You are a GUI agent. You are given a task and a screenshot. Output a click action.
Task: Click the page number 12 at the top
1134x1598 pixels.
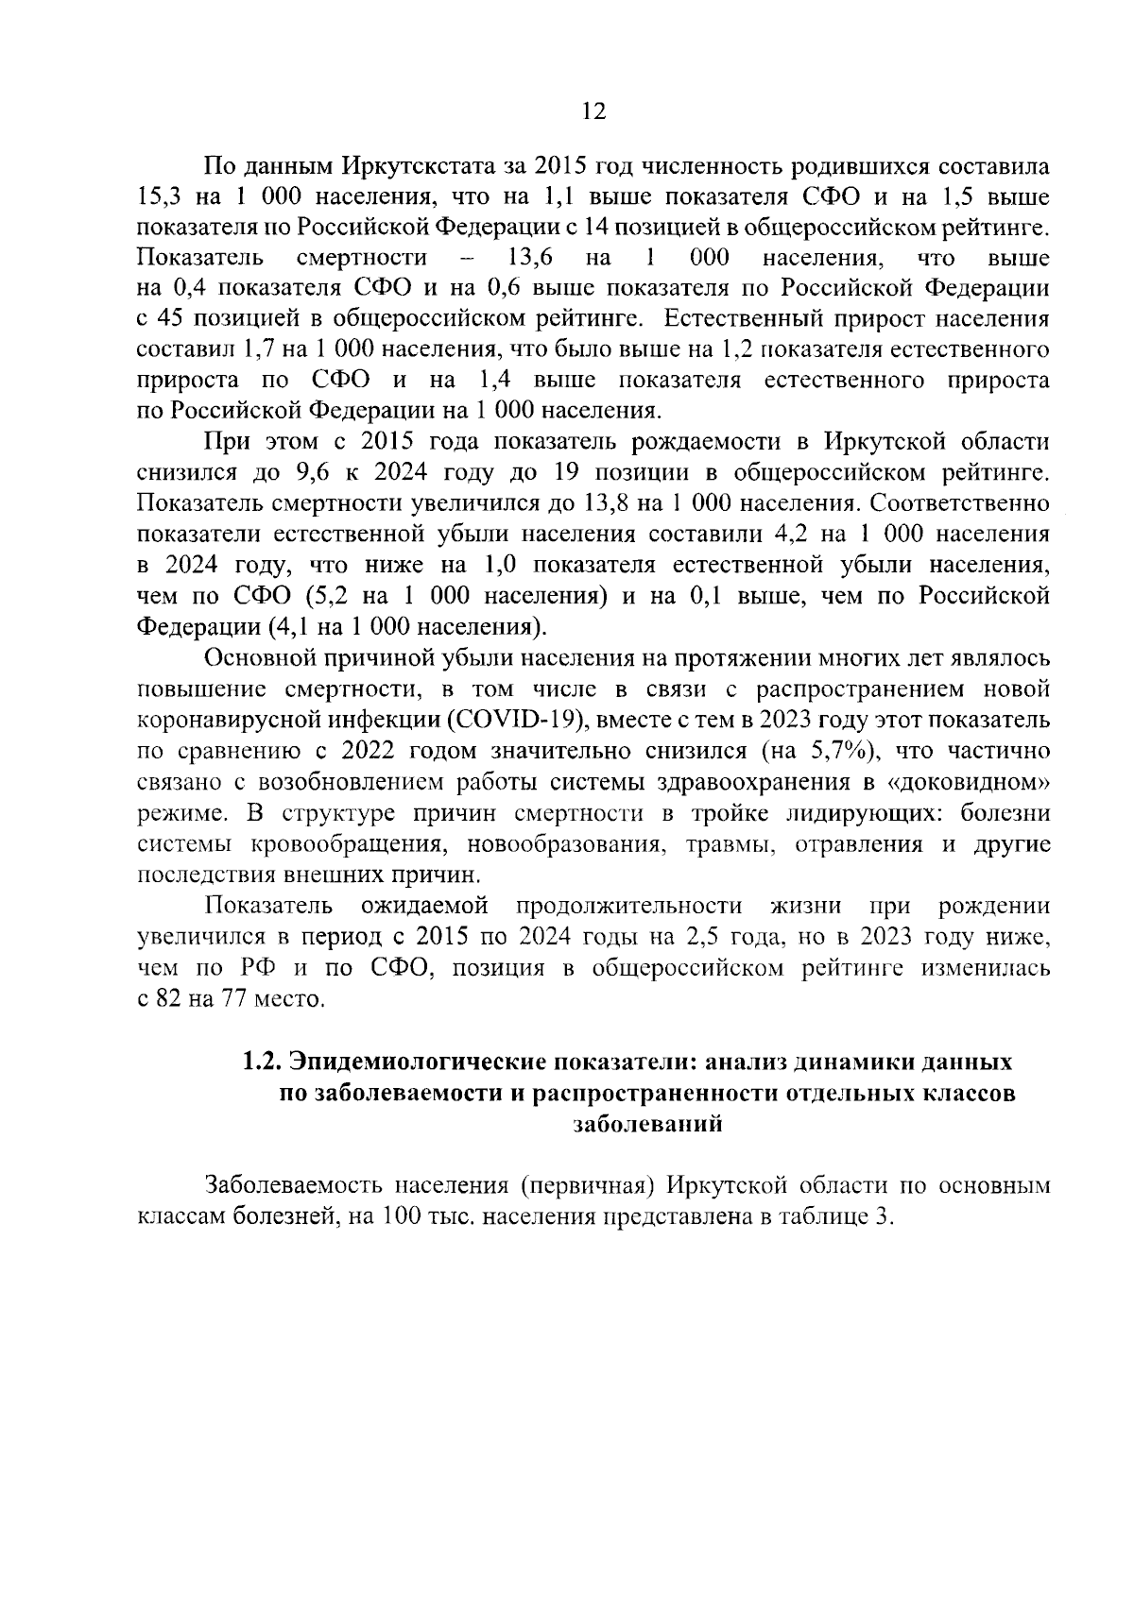click(593, 112)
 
